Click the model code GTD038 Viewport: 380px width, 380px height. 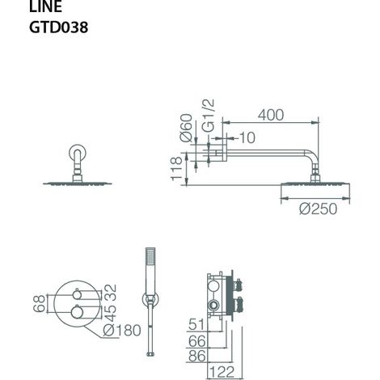point(58,27)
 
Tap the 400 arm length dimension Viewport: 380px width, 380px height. point(271,115)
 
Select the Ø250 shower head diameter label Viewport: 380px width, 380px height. point(318,209)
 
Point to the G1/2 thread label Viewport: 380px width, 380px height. point(209,115)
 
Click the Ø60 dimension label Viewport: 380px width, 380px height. point(186,128)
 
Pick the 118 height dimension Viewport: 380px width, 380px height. point(176,169)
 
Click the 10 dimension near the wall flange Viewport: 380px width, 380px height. point(247,137)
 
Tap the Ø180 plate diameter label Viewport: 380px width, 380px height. point(122,330)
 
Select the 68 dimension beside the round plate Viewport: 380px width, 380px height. point(39,303)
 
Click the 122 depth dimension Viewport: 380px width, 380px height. point(222,372)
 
